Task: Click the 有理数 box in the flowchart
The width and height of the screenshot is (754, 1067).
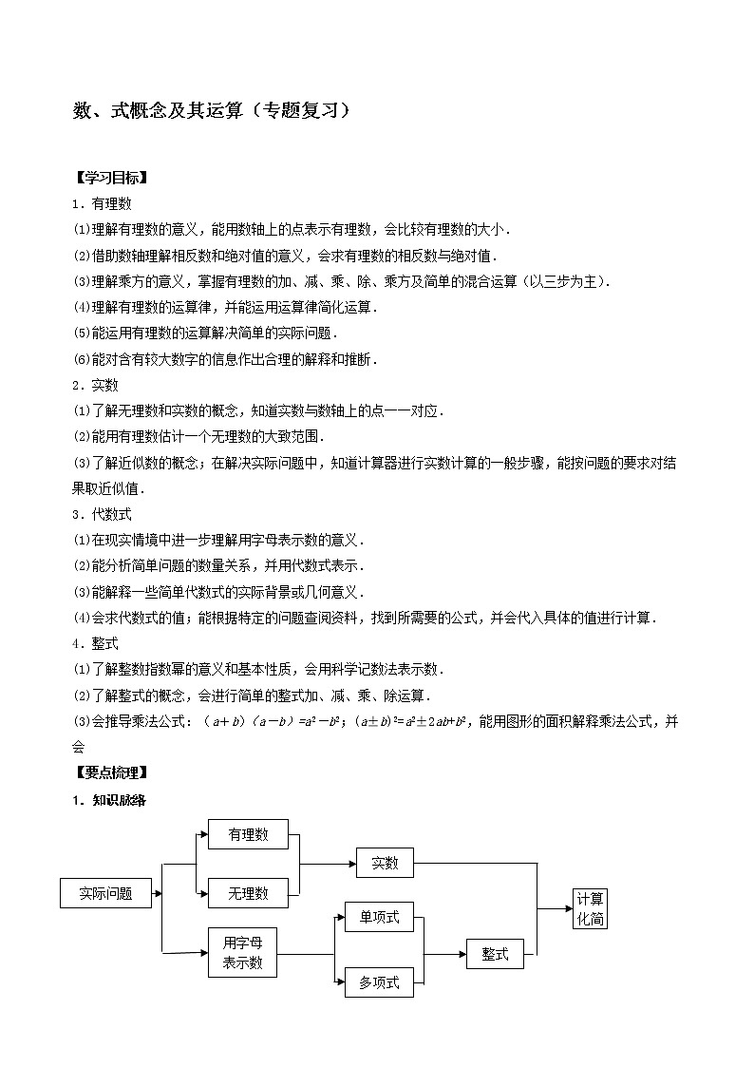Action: point(248,834)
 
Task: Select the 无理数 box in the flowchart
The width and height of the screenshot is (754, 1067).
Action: point(248,893)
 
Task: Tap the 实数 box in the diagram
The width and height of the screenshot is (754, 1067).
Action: point(385,863)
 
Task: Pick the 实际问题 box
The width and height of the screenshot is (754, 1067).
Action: point(105,893)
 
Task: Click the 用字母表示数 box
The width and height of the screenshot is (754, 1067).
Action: point(242,953)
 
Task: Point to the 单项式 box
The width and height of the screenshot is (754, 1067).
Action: point(379,918)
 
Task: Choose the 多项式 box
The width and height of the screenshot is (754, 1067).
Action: point(379,982)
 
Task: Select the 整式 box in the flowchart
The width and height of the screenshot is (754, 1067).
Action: point(495,954)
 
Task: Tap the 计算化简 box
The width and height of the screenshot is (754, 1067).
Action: point(590,909)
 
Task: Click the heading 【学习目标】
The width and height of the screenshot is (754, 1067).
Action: point(110,178)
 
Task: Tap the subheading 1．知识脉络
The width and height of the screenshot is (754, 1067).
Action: point(109,799)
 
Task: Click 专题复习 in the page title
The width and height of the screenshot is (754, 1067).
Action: point(297,110)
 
